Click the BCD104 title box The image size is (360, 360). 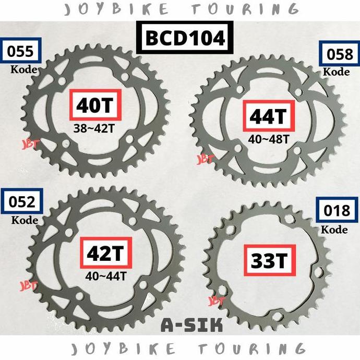point(181,38)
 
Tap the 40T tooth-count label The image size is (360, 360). point(94,105)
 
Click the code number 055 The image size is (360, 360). point(21,51)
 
